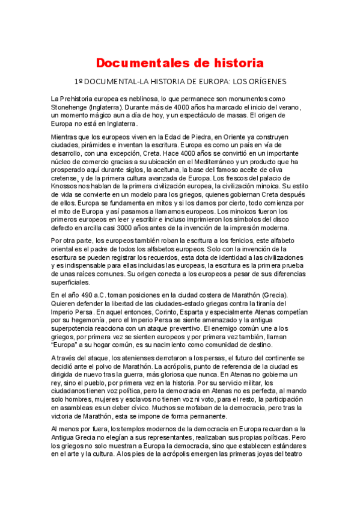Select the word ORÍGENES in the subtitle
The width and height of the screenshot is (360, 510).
tap(265, 81)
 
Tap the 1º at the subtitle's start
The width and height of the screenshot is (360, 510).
tap(78, 81)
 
